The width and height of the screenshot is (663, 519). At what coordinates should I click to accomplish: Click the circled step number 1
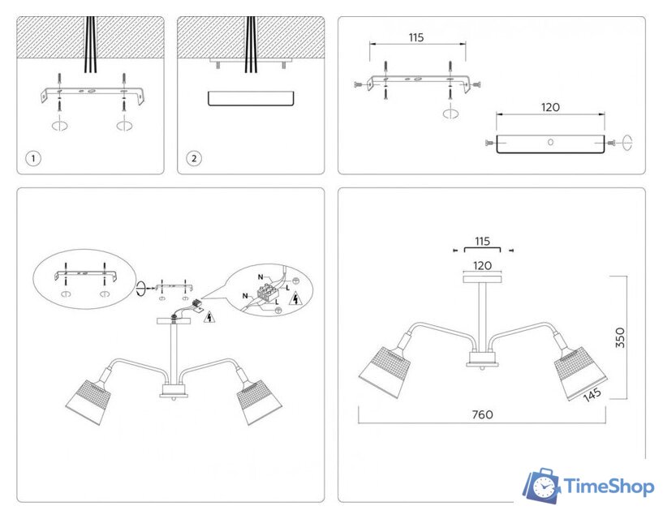[32, 158]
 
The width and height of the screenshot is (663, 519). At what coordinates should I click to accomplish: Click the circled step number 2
[194, 158]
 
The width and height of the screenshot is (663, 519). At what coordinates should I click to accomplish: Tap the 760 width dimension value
[482, 414]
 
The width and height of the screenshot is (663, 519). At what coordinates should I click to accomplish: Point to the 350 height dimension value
[620, 337]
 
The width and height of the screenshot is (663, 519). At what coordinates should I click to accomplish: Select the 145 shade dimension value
[590, 393]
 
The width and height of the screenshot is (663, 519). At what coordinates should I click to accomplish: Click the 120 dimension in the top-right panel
[549, 107]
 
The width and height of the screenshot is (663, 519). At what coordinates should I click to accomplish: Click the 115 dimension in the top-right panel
[416, 37]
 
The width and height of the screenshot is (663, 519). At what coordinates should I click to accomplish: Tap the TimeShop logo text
[609, 487]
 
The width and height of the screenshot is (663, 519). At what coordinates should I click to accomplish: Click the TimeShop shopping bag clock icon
[541, 486]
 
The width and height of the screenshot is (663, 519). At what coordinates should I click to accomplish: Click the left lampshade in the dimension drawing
[384, 372]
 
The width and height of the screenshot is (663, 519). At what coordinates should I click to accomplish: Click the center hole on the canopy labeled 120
[550, 143]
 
